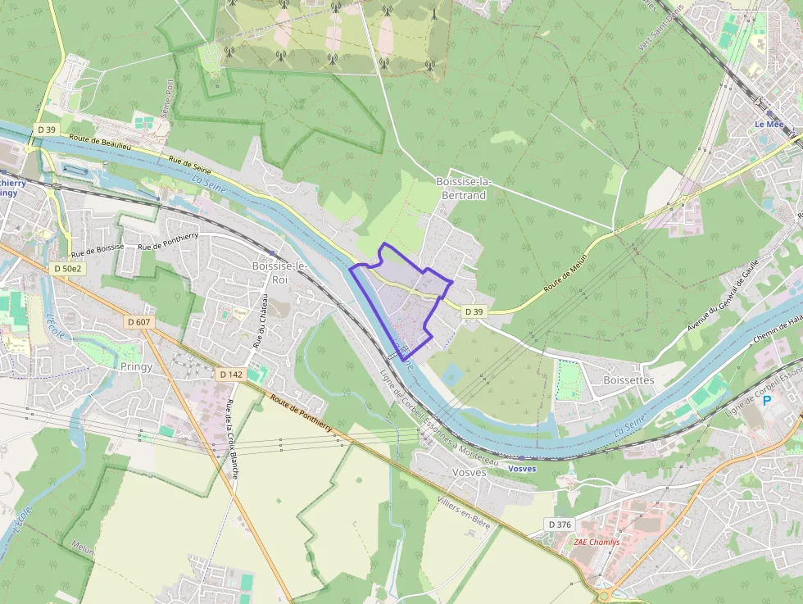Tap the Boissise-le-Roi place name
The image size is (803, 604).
tap(279, 272)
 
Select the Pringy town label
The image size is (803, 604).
tap(136, 366)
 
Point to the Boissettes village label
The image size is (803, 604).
tap(628, 380)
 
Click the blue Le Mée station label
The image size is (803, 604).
tap(769, 125)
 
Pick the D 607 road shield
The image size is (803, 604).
tap(138, 322)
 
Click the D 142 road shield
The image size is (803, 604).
tap(231, 374)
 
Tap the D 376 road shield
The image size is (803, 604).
tap(560, 524)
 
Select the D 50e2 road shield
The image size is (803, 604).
tap(67, 268)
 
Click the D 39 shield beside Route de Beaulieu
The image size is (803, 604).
tap(46, 129)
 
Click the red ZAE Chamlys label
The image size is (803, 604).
tap(597, 542)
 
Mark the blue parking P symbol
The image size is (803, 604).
tap(767, 401)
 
